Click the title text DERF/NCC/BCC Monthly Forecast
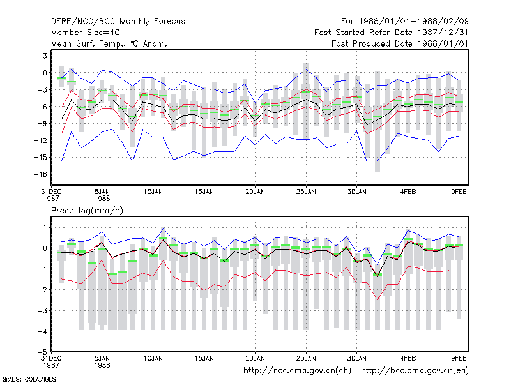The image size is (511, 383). pos(119,22)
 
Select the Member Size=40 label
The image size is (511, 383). pos(86,33)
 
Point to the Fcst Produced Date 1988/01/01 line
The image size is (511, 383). pos(400,43)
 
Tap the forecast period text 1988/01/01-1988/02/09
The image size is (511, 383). pos(414,22)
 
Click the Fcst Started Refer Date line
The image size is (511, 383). pos(392,33)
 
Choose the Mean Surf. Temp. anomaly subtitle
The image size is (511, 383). pos(109,43)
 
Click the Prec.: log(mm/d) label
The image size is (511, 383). pos(87,211)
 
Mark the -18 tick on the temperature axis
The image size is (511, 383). pos(40,174)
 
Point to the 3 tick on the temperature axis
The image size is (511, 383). pos(45,56)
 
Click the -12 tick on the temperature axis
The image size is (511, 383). pos(40,140)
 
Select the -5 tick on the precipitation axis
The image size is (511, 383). pos(43,352)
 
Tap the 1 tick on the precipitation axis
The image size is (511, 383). pos(45,228)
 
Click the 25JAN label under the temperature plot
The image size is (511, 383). pos(306,192)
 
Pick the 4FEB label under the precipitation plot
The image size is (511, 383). pos(408,358)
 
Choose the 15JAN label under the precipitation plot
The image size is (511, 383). pos(204,358)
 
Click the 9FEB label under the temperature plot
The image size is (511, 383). pos(459,192)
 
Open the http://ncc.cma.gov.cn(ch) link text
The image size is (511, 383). pos(297,371)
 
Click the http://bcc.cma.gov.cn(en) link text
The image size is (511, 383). pos(415,371)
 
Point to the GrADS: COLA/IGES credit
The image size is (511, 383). pos(29,379)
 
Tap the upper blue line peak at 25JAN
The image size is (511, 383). pos(306,70)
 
